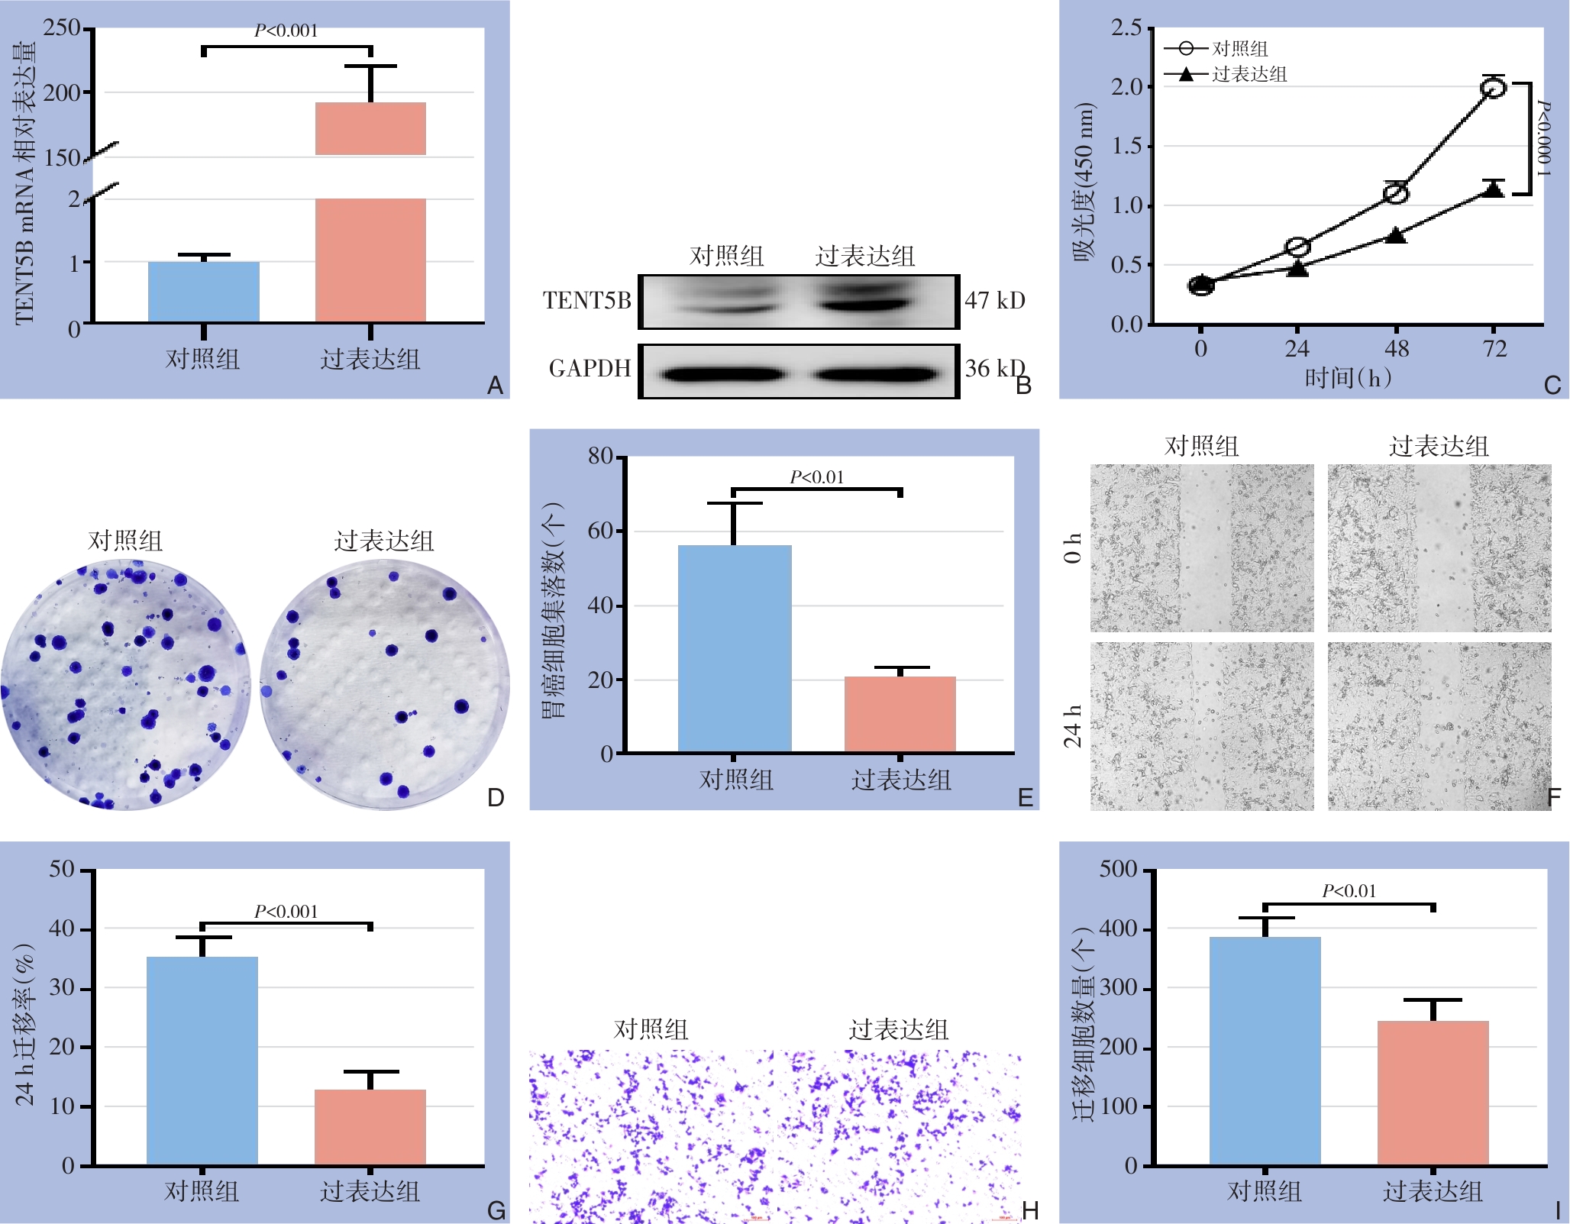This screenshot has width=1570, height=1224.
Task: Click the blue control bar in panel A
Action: [x=204, y=292]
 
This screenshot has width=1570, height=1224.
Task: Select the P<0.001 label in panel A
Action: [x=286, y=31]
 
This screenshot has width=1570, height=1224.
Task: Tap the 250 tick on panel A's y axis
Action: [x=62, y=28]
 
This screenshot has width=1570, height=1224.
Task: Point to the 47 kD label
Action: [x=994, y=300]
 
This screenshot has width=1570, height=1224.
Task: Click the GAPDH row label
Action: [x=590, y=369]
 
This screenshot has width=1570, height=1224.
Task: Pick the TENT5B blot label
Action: [x=586, y=301]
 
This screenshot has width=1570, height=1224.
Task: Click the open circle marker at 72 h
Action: [x=1493, y=88]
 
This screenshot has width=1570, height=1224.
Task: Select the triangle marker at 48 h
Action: [x=1396, y=235]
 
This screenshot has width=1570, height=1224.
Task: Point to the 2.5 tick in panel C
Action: [x=1126, y=28]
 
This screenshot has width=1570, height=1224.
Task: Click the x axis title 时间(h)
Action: [x=1347, y=377]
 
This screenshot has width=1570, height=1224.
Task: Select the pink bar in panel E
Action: [x=900, y=714]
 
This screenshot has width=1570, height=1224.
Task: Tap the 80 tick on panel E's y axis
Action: [x=601, y=457]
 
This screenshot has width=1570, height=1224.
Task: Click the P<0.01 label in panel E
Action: [x=816, y=477]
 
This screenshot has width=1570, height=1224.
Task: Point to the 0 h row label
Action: [x=1073, y=547]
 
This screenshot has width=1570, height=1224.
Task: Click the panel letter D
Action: [x=496, y=798]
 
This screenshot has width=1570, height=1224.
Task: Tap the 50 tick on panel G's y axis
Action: [x=62, y=870]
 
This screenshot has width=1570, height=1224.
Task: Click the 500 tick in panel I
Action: [x=1118, y=870]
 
